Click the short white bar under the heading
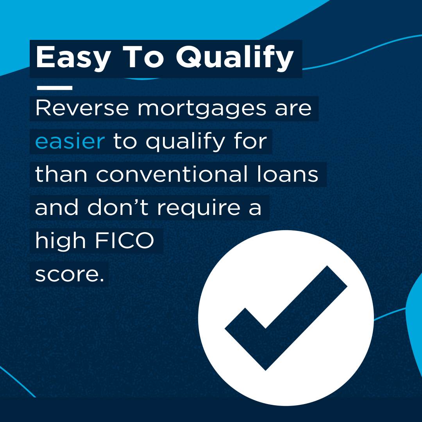[x=55, y=88]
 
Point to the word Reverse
[x=82, y=109]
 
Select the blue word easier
[x=70, y=141]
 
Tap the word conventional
[x=172, y=174]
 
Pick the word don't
[x=118, y=207]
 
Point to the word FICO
[x=125, y=240]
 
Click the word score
[x=70, y=275]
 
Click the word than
[x=61, y=174]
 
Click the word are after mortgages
[x=293, y=109]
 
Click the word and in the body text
[x=57, y=207]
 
